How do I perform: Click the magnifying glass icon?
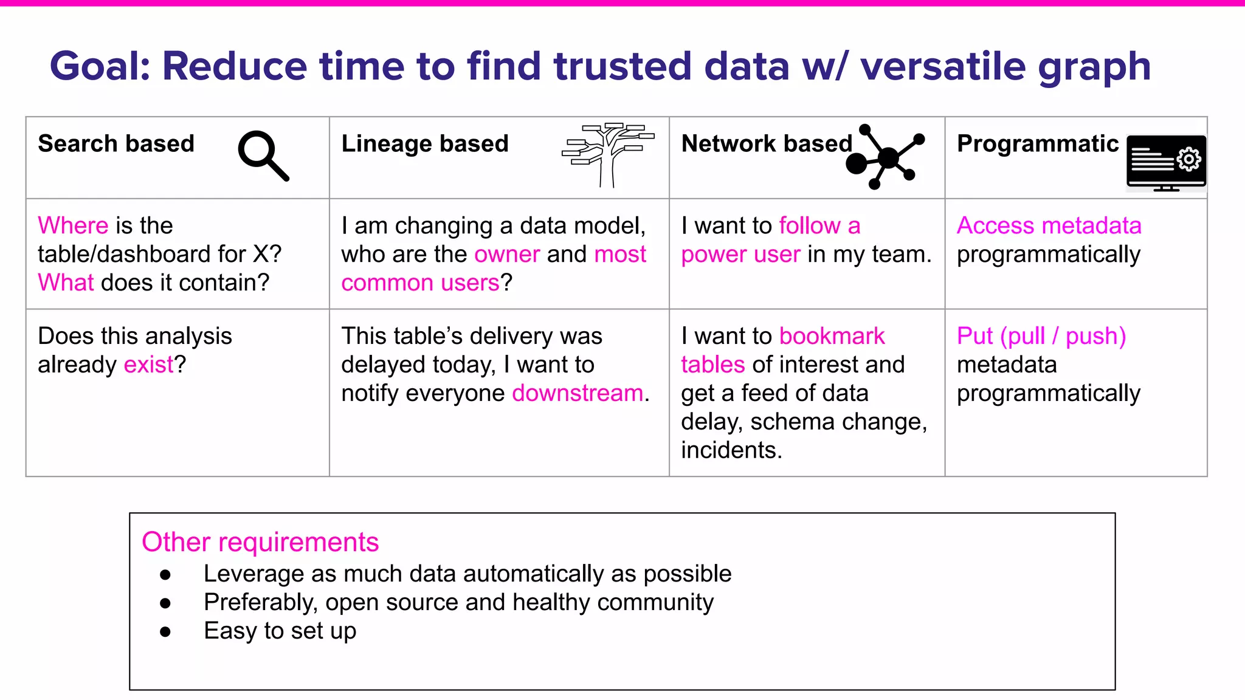point(262,154)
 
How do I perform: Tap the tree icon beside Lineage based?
point(607,154)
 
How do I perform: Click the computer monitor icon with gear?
point(1165,162)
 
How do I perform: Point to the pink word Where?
point(73,225)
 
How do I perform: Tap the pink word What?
point(66,283)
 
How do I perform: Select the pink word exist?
point(148,365)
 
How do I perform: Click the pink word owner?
point(507,254)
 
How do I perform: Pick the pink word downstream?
point(578,393)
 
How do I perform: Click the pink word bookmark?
point(832,336)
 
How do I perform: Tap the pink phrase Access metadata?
point(1049,225)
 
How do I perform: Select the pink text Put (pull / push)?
point(1041,336)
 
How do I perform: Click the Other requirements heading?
point(260,542)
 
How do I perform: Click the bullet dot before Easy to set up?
point(165,632)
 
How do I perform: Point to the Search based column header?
point(116,144)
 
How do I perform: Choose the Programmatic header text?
point(1037,144)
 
